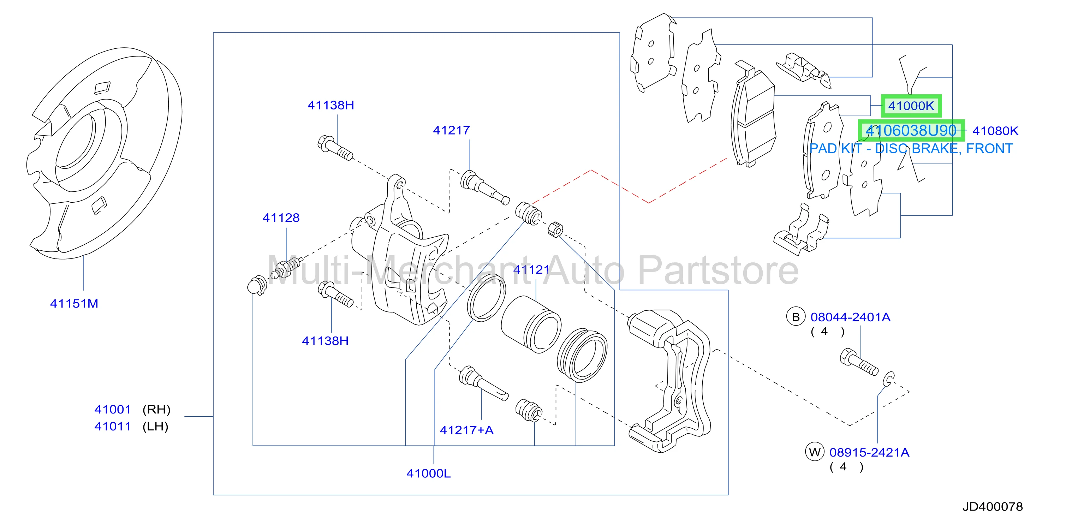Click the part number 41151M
pyautogui.click(x=74, y=303)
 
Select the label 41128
pyautogui.click(x=281, y=218)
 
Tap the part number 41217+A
pyautogui.click(x=466, y=430)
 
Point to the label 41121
pyautogui.click(x=531, y=269)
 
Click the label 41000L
pyautogui.click(x=428, y=473)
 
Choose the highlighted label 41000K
pyautogui.click(x=911, y=106)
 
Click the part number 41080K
pyautogui.click(x=995, y=131)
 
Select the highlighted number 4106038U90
pyautogui.click(x=911, y=130)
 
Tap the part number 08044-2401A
pyautogui.click(x=850, y=317)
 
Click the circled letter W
pyautogui.click(x=815, y=452)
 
